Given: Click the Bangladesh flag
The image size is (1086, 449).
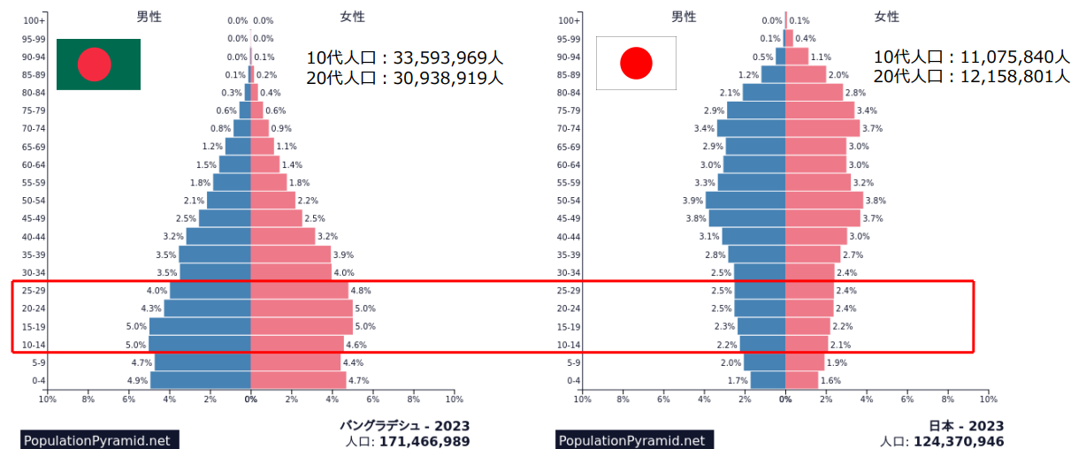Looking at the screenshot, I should (98, 64).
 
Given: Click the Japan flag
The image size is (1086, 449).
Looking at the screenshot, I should (636, 63).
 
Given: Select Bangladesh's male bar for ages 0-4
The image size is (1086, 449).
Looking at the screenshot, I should (201, 380).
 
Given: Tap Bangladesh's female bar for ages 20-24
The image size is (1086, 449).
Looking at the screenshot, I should (302, 308).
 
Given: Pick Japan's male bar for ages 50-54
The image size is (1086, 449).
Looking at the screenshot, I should (746, 201).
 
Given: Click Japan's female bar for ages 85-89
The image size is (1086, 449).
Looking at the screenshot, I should (806, 74).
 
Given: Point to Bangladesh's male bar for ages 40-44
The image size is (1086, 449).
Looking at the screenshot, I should (218, 236).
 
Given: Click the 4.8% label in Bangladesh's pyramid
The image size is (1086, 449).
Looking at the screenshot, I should (361, 291).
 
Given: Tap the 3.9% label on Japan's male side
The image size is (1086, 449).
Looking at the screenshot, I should (692, 201).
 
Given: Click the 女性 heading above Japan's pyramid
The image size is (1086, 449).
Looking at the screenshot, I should (886, 16).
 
